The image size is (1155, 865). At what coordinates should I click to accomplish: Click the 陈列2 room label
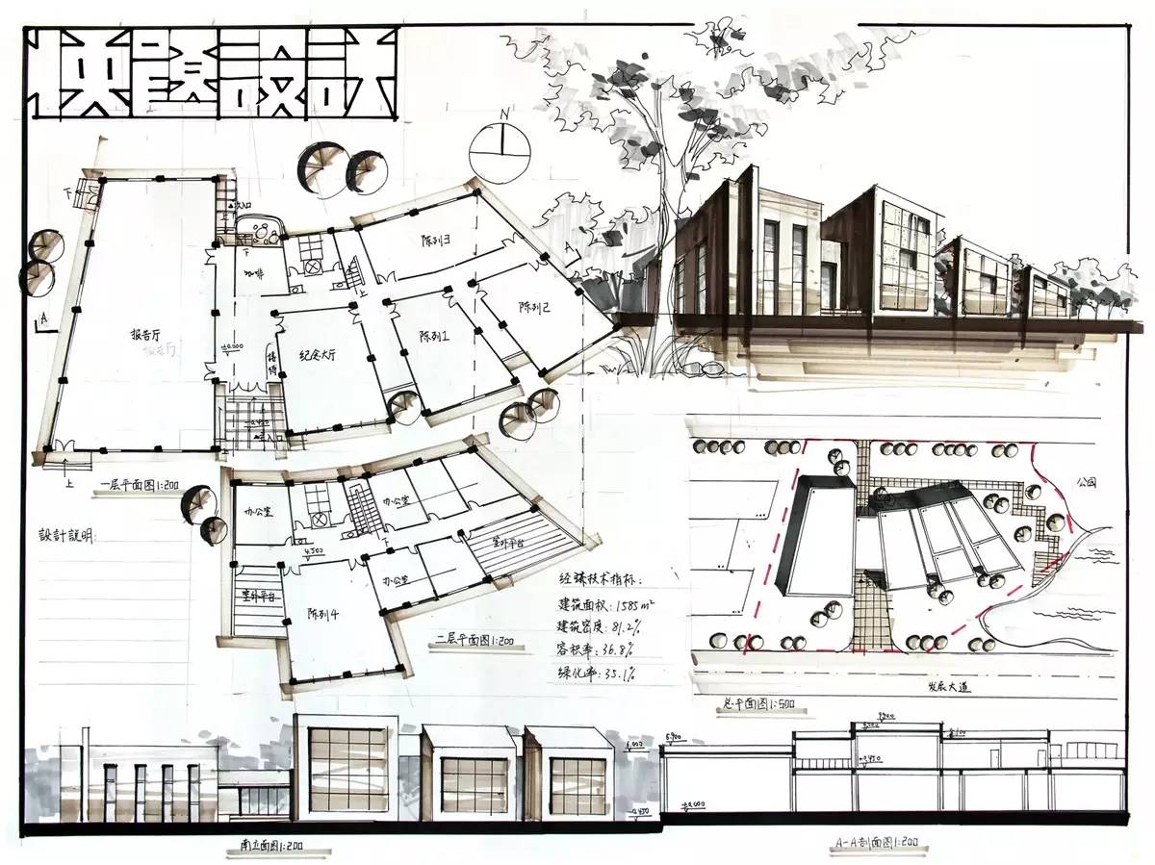[x=533, y=308]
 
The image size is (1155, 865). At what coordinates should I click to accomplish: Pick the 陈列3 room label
[x=436, y=239]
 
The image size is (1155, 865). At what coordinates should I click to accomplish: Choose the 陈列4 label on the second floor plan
[x=321, y=613]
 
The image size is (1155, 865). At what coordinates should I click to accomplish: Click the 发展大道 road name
[x=954, y=688]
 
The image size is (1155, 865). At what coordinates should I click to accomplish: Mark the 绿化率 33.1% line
[x=603, y=674]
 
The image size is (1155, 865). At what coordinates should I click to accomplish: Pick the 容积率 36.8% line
[x=603, y=651]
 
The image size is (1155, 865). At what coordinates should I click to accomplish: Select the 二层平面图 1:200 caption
[x=473, y=639]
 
